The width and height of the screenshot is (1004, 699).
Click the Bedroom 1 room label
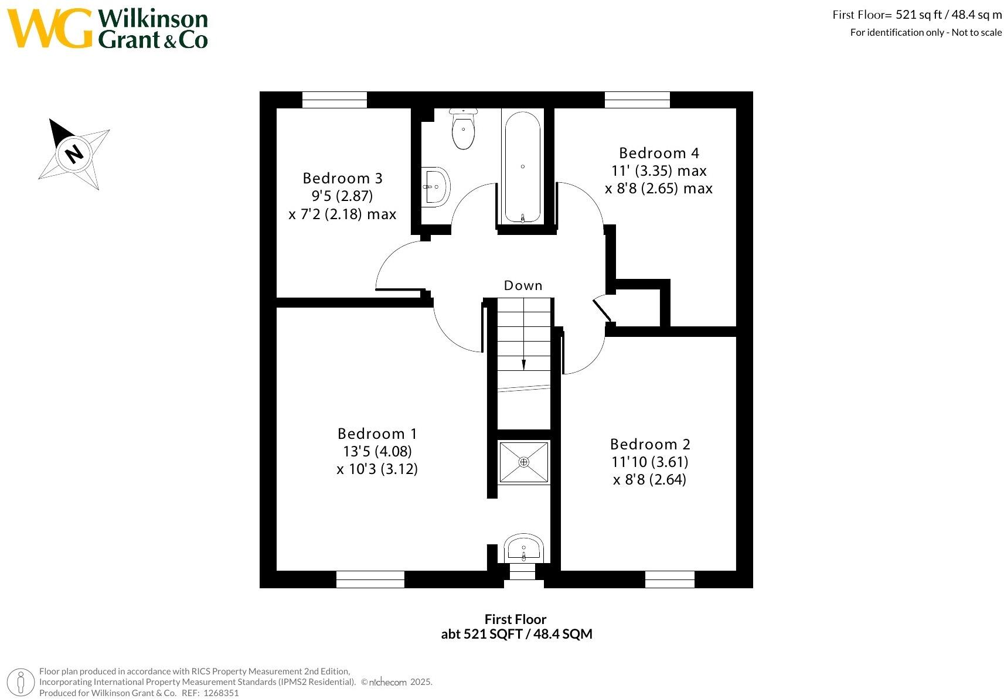click(x=377, y=434)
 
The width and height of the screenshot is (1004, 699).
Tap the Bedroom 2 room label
click(x=650, y=444)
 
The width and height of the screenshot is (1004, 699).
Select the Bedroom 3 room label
click(x=342, y=178)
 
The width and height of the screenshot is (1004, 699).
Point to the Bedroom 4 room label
click(x=659, y=154)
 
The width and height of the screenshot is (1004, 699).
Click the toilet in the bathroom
click(x=464, y=129)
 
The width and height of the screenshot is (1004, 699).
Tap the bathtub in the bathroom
click(x=523, y=166)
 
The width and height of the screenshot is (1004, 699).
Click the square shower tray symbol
click(x=523, y=462)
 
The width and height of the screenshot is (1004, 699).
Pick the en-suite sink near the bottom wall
click(x=523, y=548)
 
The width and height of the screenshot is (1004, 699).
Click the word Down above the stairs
click(x=523, y=285)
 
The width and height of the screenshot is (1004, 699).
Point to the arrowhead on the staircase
click(x=523, y=365)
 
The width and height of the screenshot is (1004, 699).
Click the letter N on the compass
click(x=74, y=154)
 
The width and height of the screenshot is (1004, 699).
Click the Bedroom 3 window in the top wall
click(x=334, y=100)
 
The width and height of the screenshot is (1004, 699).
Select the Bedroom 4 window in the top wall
click(x=637, y=100)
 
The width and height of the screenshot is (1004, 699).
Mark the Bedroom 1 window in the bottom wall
click(x=370, y=579)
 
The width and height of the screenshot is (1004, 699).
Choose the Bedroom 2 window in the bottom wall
click(x=670, y=579)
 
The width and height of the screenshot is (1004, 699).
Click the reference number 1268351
click(x=221, y=693)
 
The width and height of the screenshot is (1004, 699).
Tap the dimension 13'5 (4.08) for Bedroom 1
click(x=377, y=451)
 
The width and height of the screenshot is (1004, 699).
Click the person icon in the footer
click(x=21, y=683)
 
